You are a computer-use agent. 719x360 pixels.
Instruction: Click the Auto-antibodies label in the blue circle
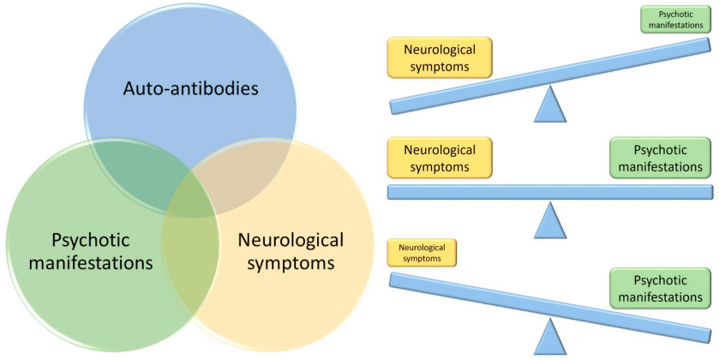(190, 88)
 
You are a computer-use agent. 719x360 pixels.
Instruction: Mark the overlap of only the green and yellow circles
(189, 257)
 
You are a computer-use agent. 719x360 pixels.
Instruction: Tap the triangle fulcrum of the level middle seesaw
(551, 222)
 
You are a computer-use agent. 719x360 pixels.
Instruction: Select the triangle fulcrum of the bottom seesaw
(551, 338)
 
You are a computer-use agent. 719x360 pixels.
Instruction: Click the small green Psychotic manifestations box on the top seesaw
(675, 21)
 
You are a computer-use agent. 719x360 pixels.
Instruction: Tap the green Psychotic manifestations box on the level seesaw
(660, 158)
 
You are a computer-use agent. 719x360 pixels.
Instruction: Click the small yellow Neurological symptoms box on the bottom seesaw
(422, 252)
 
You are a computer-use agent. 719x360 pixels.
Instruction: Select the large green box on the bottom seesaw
(660, 289)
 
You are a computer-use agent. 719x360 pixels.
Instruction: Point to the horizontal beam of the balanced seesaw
(549, 192)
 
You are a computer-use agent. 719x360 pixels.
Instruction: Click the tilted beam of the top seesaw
(549, 76)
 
